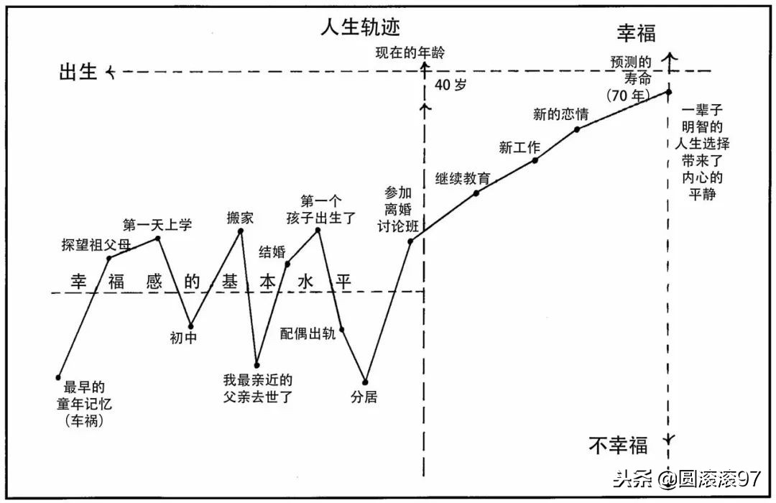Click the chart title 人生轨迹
coord(360,27)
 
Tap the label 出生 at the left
coord(78,72)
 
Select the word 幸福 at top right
coord(636,32)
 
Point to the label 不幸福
coord(618,446)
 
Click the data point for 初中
coord(190,324)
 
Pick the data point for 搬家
coord(241,231)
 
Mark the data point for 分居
coord(365,382)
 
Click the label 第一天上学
coord(157,225)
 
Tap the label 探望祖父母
coord(96,244)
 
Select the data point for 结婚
coord(288,264)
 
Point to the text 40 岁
coord(451,85)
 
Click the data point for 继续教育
coord(476,193)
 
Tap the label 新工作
coord(519,148)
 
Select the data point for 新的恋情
coord(577,129)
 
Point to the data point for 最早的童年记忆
coord(58,377)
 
